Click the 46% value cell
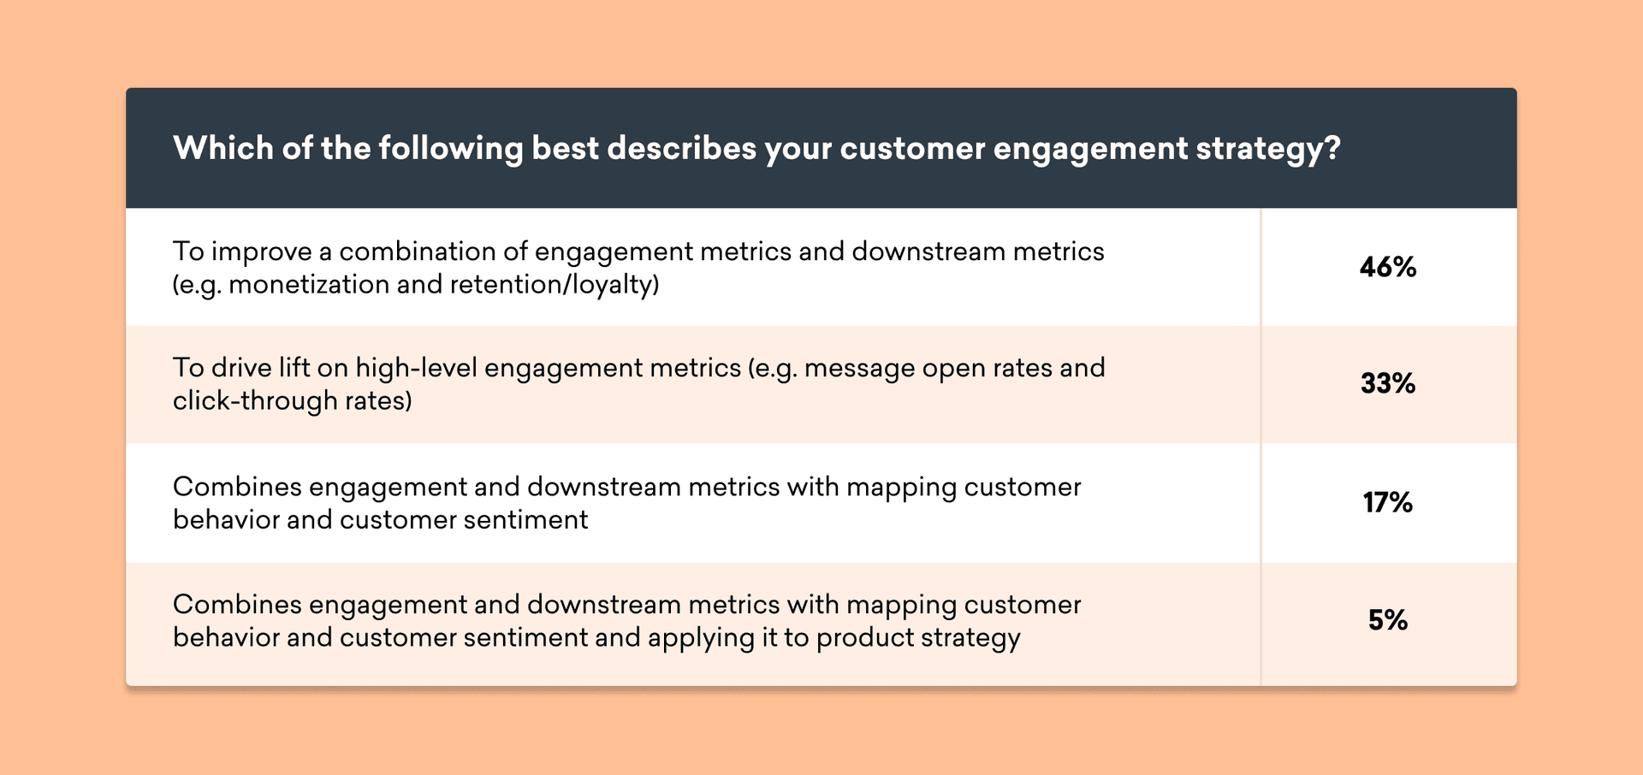(x=1388, y=268)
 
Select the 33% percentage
(x=1388, y=383)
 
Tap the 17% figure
(x=1388, y=502)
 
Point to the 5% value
(x=1388, y=619)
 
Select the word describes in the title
(x=681, y=148)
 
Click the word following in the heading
(x=450, y=150)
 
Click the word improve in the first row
(x=261, y=252)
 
